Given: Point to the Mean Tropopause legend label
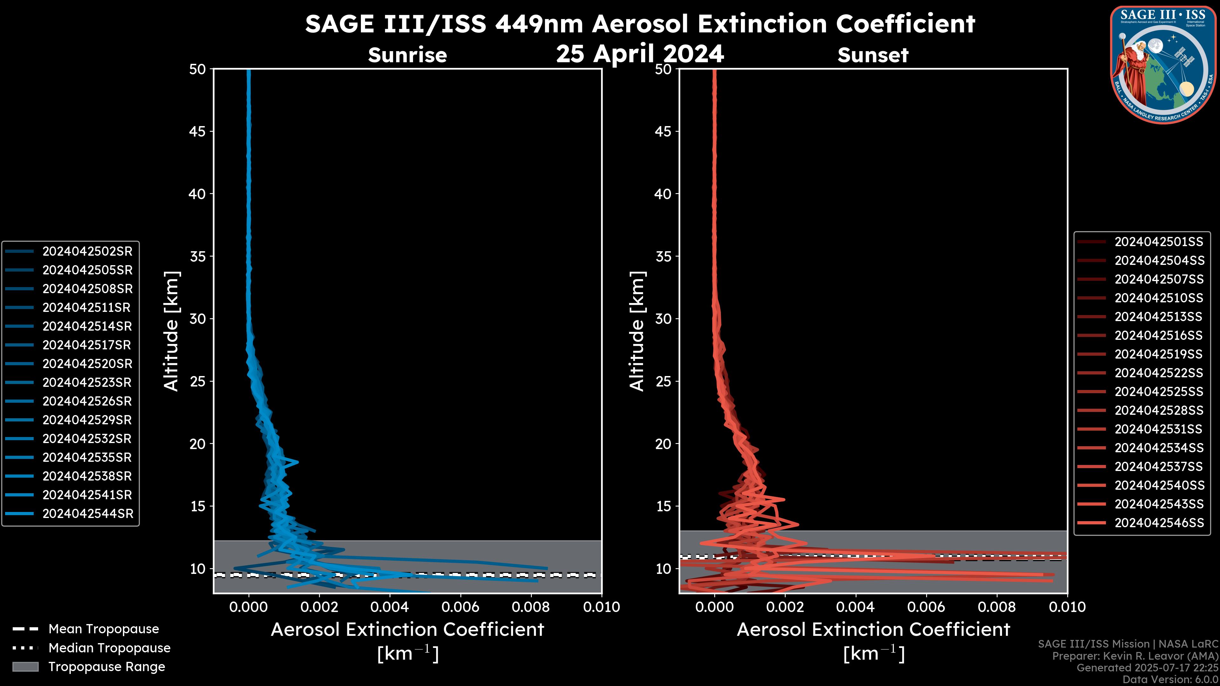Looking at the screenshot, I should (104, 629).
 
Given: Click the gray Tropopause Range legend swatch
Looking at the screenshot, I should (25, 667).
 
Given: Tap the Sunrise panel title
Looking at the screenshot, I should (407, 55).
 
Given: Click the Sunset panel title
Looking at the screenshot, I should (873, 55).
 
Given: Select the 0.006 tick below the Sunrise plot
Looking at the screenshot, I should (461, 607).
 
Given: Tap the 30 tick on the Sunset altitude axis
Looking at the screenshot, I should (663, 319).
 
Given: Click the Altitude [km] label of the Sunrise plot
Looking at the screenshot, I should (171, 331).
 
